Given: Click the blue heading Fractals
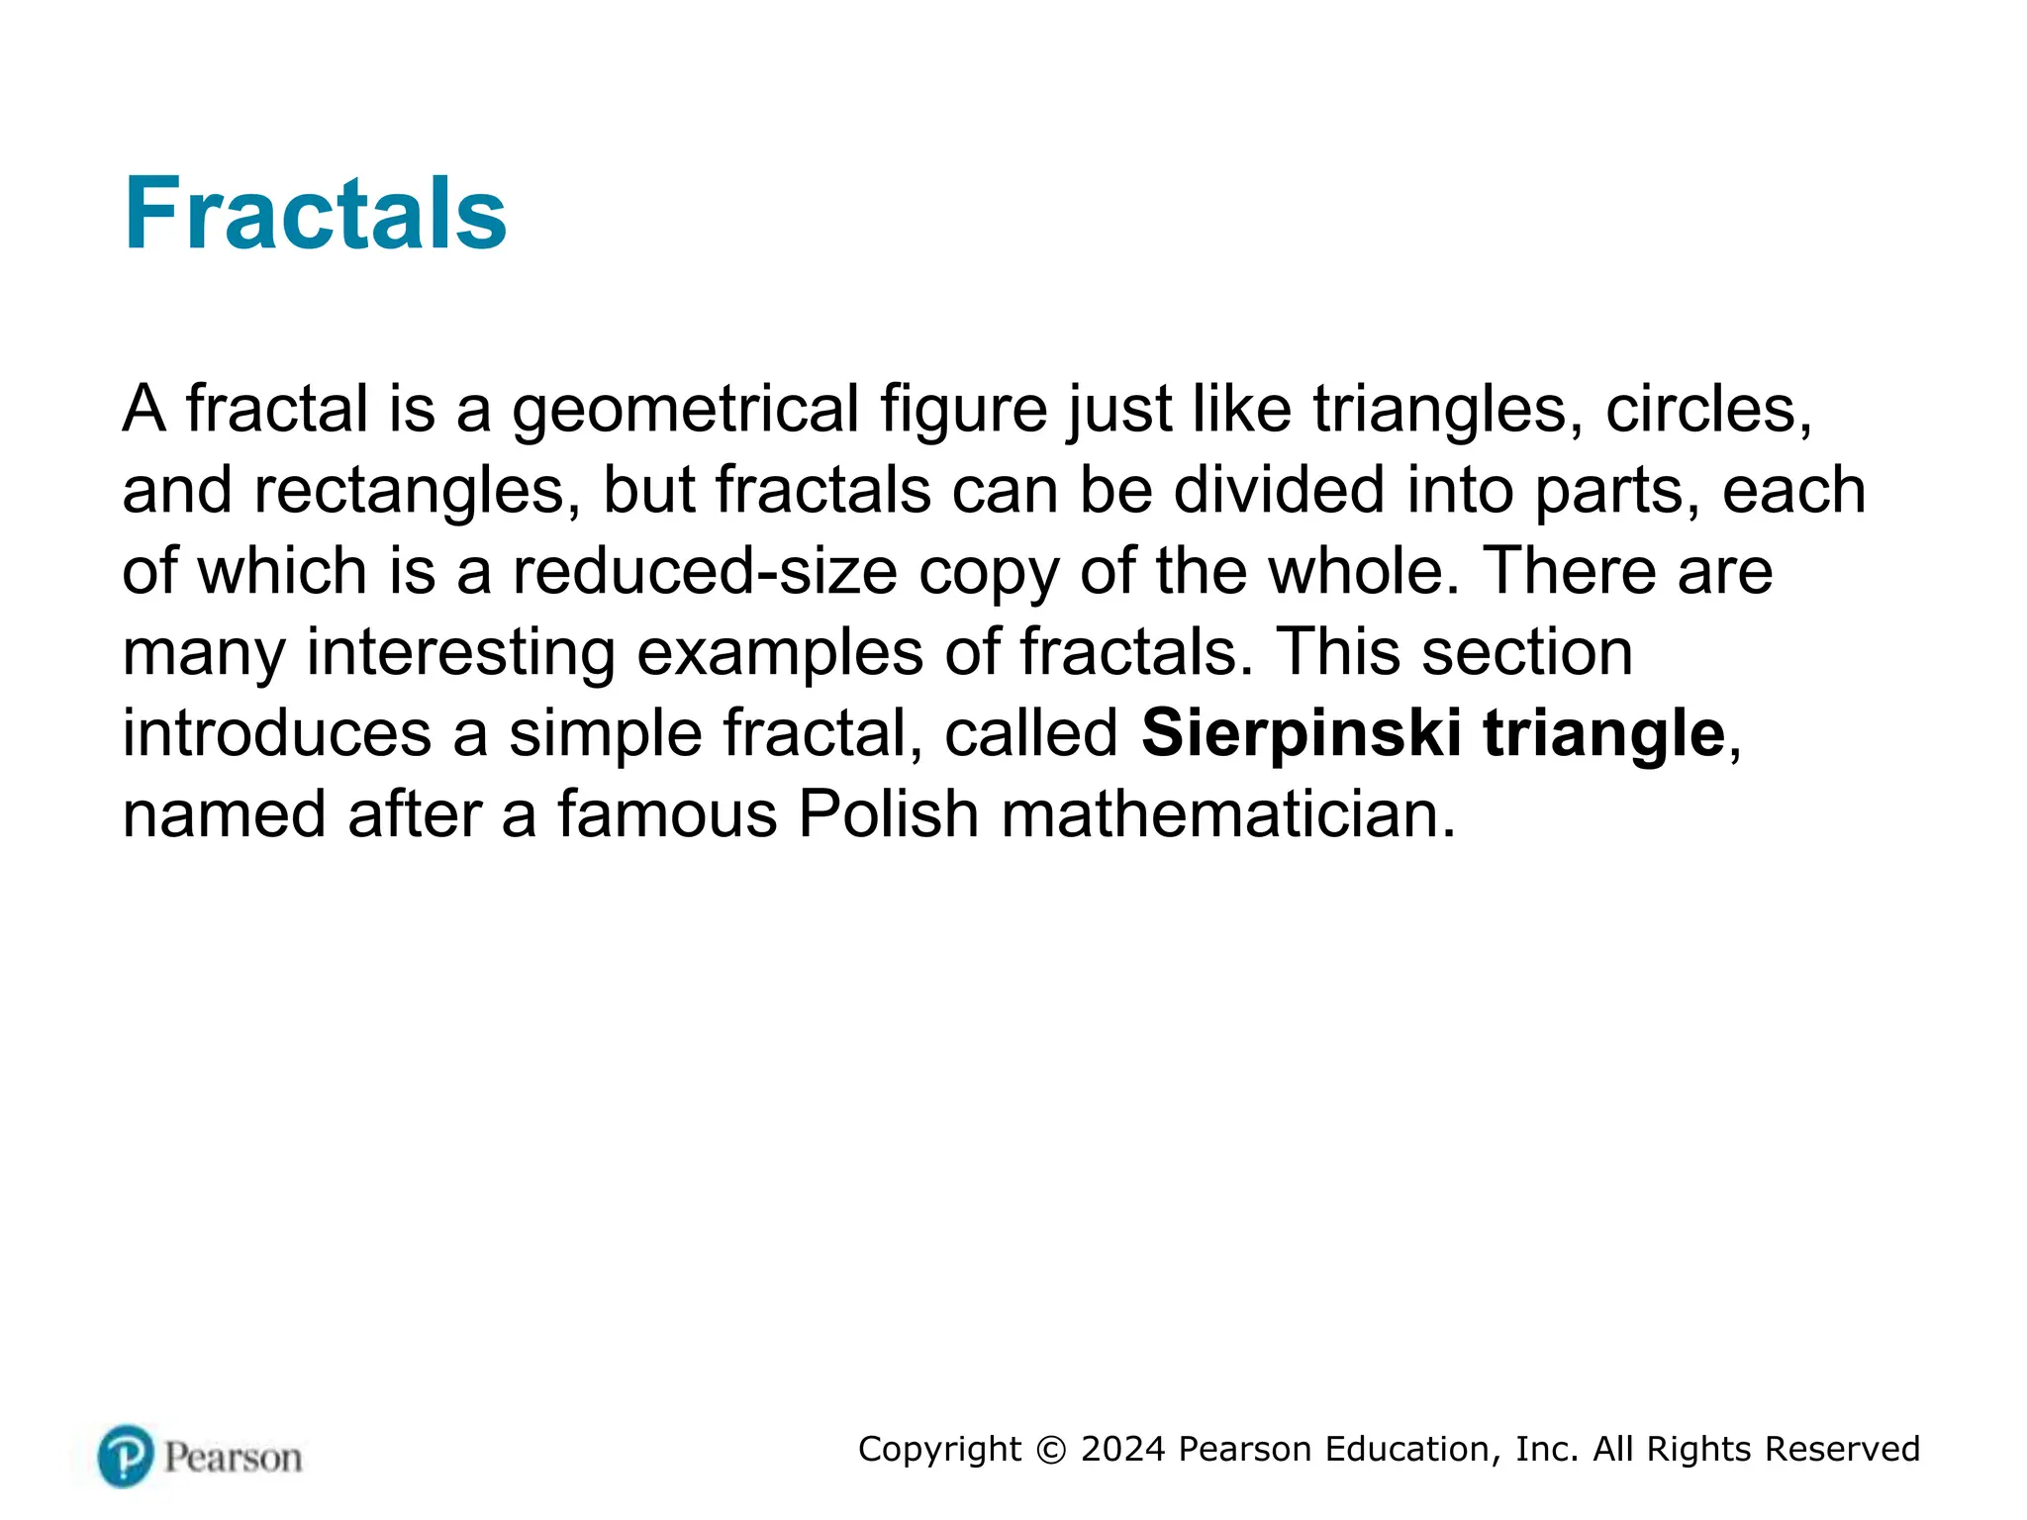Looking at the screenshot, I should coord(315,214).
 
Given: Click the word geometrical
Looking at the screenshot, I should coord(685,410).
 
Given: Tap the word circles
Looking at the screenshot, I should coord(1708,410).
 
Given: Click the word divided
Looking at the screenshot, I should coord(1279,491).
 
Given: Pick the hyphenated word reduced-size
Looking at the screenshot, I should coord(704,572).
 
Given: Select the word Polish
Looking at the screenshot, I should coord(888,815).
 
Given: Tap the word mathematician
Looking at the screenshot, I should coord(1228,815).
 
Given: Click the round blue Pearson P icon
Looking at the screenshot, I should coord(126,1456).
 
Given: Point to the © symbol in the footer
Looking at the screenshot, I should coord(1051,1450).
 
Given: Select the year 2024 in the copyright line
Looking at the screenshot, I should coord(1122,1450).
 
